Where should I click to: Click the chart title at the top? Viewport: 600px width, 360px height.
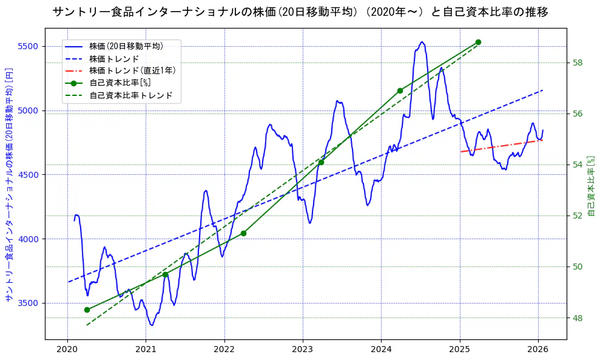click(x=300, y=12)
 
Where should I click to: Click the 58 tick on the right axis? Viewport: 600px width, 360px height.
click(x=578, y=63)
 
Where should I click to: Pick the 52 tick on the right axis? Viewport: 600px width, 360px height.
click(x=578, y=216)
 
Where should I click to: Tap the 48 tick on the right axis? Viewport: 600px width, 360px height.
click(x=578, y=318)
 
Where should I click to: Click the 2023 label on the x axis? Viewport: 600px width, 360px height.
click(x=303, y=349)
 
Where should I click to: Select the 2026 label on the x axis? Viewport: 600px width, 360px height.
click(x=538, y=349)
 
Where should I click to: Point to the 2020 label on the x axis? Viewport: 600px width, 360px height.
click(x=67, y=349)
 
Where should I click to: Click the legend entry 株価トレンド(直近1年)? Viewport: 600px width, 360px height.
click(x=132, y=70)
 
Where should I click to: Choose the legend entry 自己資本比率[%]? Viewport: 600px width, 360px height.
click(x=120, y=83)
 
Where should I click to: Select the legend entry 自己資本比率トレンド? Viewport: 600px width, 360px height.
click(x=130, y=95)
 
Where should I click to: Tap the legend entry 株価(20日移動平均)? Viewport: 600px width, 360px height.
click(x=126, y=46)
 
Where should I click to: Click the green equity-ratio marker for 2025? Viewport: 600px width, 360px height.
click(x=478, y=42)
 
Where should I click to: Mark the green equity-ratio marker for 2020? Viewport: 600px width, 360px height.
click(x=87, y=310)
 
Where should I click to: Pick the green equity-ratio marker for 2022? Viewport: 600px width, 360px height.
click(x=243, y=233)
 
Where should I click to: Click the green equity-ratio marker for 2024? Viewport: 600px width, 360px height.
click(x=400, y=90)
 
